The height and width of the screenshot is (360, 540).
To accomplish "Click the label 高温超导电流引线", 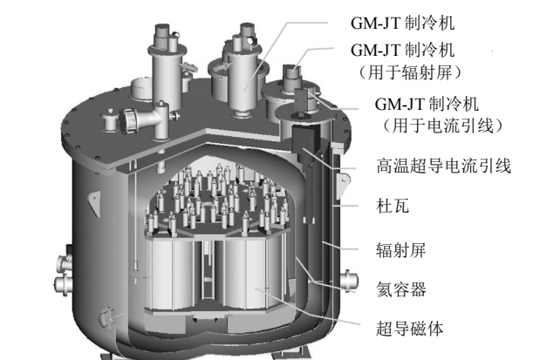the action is point(443,166).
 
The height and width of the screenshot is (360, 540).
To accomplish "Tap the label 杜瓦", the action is point(393,207).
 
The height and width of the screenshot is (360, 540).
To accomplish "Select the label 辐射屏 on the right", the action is point(400,250).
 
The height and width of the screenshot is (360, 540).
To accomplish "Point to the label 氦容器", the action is point(401,289).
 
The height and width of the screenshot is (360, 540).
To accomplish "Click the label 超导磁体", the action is point(409,329).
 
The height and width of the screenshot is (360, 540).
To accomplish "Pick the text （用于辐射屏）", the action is point(410,72).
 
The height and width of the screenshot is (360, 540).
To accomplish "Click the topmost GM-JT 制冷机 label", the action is point(402,24).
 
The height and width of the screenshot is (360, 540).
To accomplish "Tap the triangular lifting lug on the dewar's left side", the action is point(93,203).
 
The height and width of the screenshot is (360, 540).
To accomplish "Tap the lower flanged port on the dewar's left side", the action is point(63,285).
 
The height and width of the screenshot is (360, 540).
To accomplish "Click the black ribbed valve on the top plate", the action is point(128,120).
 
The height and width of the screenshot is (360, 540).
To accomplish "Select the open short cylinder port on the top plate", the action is point(142,89).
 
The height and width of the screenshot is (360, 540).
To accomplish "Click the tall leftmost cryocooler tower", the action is point(165,69).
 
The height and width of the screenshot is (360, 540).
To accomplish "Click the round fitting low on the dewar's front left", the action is point(106,317).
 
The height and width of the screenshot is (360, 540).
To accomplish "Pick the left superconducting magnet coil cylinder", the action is point(171,274).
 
